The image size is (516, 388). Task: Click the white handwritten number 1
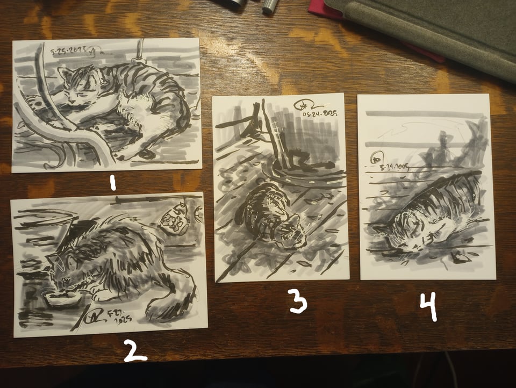pyautogui.click(x=112, y=184)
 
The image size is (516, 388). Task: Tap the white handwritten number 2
pyautogui.click(x=135, y=352)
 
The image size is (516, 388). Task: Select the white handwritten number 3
pyautogui.click(x=298, y=303)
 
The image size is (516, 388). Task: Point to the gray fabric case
pyautogui.click(x=430, y=27)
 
